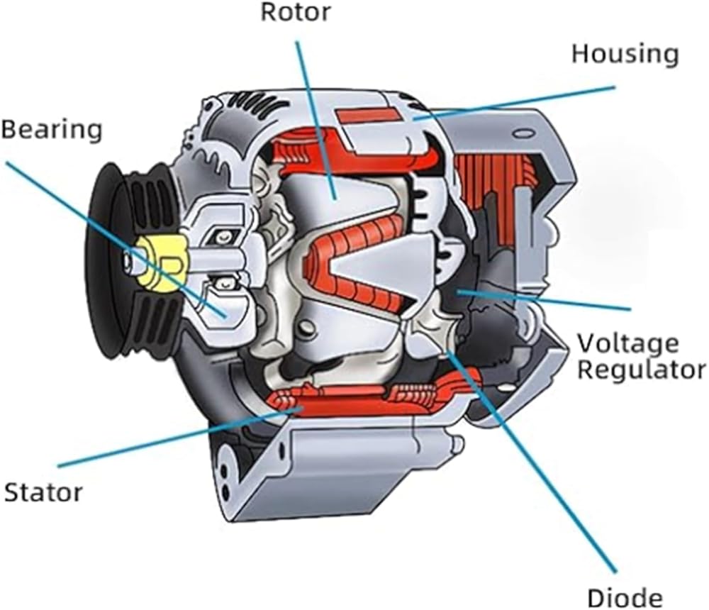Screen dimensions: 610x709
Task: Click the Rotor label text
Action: click(296, 13)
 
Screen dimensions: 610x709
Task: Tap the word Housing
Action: click(625, 54)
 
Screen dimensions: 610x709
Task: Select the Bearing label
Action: click(51, 130)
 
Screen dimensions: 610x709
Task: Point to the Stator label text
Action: click(43, 492)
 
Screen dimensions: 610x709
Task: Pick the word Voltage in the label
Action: click(627, 344)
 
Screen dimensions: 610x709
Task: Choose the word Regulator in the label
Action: click(641, 370)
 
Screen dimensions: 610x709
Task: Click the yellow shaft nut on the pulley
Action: click(157, 262)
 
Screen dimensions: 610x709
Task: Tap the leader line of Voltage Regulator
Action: click(546, 299)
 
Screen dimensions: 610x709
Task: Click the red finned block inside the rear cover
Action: click(489, 184)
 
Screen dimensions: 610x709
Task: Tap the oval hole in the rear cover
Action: click(524, 133)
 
